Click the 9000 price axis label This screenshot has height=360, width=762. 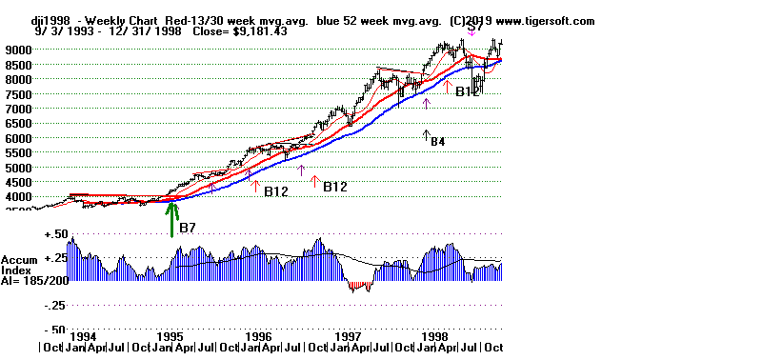(19, 50)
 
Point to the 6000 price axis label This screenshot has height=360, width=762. (19, 138)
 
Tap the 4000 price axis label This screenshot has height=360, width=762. (19, 197)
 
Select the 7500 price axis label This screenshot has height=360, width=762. (19, 93)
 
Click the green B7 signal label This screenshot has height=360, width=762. (188, 229)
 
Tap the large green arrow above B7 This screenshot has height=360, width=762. (172, 217)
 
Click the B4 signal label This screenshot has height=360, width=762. (437, 142)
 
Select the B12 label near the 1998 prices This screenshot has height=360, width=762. (467, 92)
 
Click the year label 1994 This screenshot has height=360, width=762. (84, 337)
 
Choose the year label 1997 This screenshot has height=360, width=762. (350, 337)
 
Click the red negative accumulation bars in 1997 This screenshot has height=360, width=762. (359, 285)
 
